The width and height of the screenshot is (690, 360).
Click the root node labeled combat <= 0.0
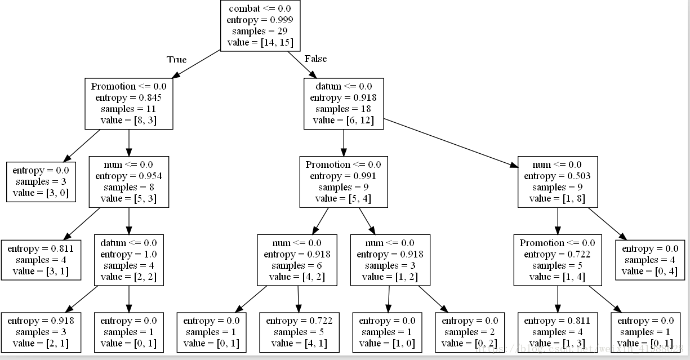[x=260, y=25]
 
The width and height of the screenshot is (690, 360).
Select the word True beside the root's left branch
[x=176, y=60]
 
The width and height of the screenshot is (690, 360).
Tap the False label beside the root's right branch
[x=315, y=59]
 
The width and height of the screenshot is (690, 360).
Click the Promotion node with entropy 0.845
[x=129, y=104]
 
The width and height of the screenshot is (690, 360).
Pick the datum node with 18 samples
[x=344, y=104]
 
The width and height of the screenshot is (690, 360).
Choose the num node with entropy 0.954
[x=129, y=182]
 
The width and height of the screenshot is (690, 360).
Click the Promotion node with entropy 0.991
[x=344, y=182]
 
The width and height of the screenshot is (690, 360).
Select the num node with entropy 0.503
[x=558, y=182]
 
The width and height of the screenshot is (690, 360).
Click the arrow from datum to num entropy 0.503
[x=451, y=143]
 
